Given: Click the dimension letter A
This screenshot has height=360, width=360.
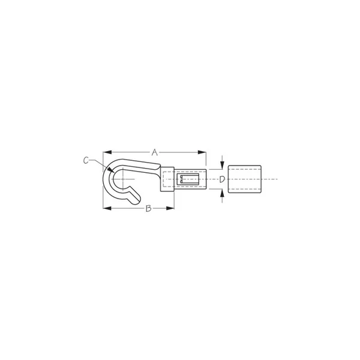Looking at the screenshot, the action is tap(155, 152).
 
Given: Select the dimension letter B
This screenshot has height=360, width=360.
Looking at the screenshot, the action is tap(149, 208).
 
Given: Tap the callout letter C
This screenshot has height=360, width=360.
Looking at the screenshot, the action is tap(86, 160).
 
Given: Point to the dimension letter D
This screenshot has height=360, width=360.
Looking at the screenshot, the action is tap(222, 179).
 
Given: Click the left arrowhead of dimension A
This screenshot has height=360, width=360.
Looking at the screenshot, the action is tap(107, 152).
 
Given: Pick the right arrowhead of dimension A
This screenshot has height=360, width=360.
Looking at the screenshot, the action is tap(202, 152).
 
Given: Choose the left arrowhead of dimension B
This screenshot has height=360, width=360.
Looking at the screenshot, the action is tap(107, 208).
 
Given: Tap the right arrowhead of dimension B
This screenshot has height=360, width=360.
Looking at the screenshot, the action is tap(170, 208).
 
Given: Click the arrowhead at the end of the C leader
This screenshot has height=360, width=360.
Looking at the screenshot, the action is tap(112, 170).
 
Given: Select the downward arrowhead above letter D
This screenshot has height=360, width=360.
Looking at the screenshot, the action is tap(222, 166).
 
